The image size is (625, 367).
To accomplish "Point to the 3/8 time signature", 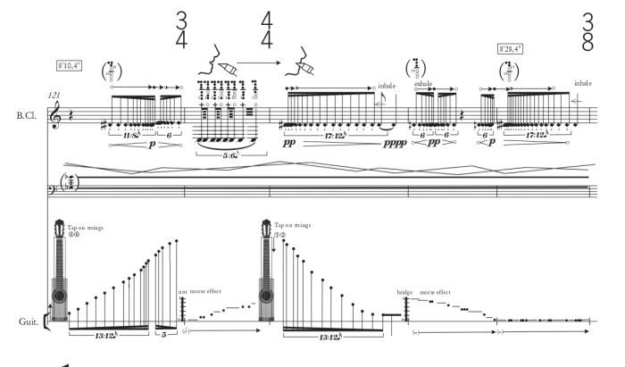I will pos(587,32).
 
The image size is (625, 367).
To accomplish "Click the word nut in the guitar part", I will pos(182,292).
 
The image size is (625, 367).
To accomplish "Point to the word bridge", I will pos(405,292).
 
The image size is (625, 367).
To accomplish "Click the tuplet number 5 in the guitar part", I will pos(166,337).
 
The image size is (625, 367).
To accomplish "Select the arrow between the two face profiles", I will pos(254,62).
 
